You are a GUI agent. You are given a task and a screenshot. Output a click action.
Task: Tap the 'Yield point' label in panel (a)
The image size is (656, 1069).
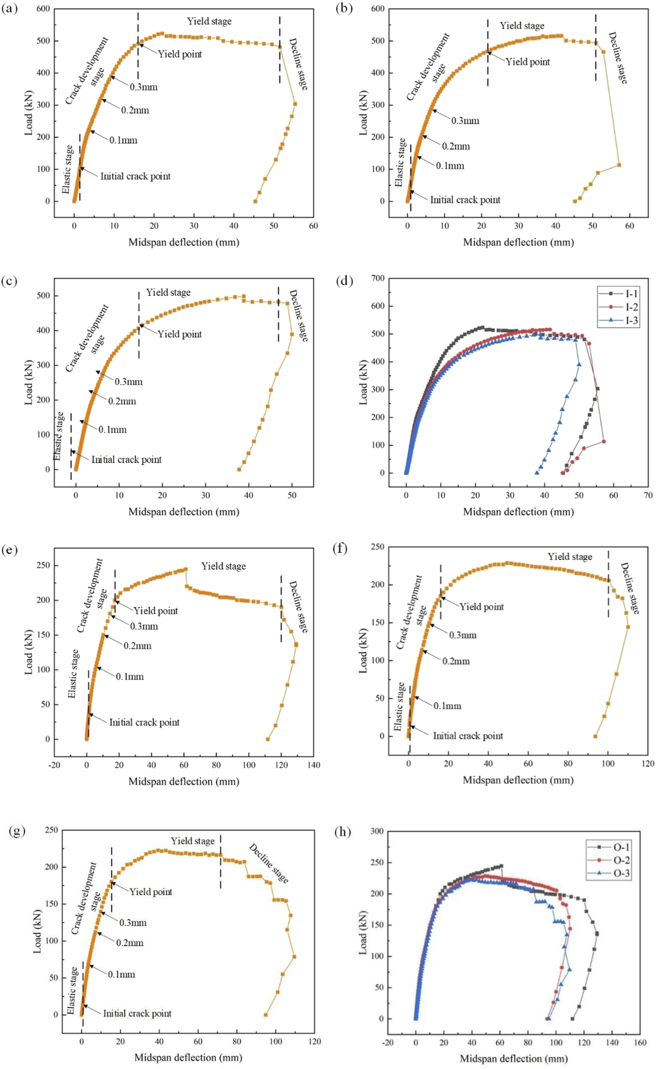pyautogui.click(x=180, y=54)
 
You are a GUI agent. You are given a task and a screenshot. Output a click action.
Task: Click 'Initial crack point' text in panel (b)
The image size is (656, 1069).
pyautogui.click(x=465, y=200)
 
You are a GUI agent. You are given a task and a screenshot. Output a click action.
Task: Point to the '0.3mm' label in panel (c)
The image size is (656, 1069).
pyautogui.click(x=129, y=382)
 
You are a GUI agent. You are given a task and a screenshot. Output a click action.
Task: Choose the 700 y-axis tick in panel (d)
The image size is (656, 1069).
pyautogui.click(x=378, y=278)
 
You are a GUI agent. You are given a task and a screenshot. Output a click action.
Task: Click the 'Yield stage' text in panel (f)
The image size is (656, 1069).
pyautogui.click(x=570, y=557)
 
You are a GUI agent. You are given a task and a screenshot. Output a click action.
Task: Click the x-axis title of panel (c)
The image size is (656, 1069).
pyautogui.click(x=184, y=512)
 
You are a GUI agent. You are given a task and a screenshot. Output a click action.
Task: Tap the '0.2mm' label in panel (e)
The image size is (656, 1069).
pyautogui.click(x=137, y=646)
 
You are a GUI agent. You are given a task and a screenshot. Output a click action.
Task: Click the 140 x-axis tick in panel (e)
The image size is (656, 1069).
pyautogui.click(x=313, y=765)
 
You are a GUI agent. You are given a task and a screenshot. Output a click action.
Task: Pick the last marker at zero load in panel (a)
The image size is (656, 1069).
pyautogui.click(x=255, y=201)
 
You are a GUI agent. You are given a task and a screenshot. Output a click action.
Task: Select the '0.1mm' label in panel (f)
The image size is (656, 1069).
pyautogui.click(x=447, y=706)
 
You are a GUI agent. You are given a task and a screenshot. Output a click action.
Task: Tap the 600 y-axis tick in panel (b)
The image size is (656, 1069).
pyautogui.click(x=378, y=9)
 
